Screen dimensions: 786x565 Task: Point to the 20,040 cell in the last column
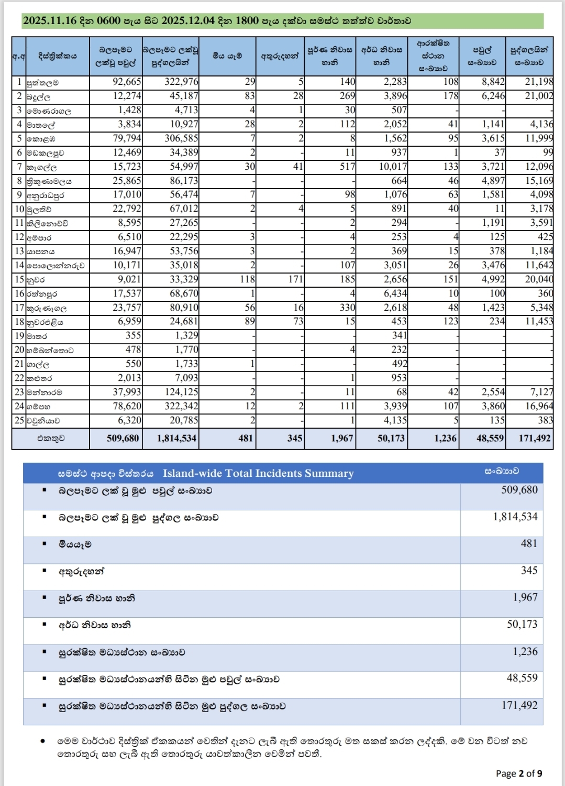tap(539, 279)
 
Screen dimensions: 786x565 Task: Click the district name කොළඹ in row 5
tap(41, 139)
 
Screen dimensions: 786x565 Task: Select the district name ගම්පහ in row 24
tap(39, 407)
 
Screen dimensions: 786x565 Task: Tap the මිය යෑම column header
tap(227, 56)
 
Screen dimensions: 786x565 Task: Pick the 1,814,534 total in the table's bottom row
tap(177, 439)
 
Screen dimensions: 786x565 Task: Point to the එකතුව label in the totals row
tap(51, 439)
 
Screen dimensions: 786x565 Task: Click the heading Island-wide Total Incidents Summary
tap(258, 474)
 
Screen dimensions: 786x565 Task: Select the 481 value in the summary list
tap(529, 544)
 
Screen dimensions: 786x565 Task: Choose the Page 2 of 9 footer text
tap(519, 773)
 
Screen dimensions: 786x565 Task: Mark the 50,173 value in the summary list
tap(522, 625)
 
